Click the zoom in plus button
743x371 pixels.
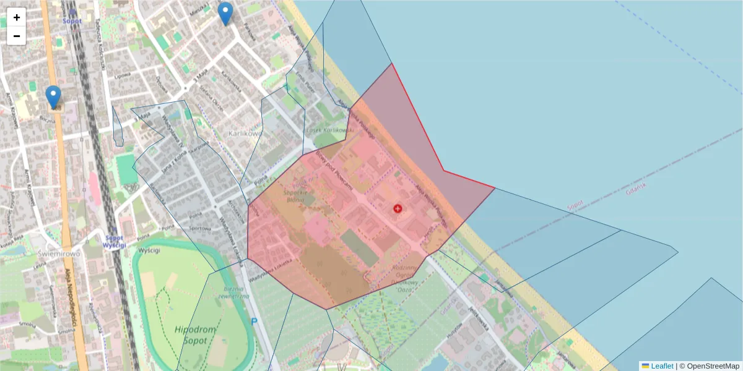(17, 17)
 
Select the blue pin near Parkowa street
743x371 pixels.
(226, 13)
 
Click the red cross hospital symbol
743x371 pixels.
(397, 209)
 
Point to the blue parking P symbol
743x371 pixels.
(254, 322)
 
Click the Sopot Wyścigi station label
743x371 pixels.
(115, 241)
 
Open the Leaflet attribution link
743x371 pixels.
(661, 366)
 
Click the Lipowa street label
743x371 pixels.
(122, 76)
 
